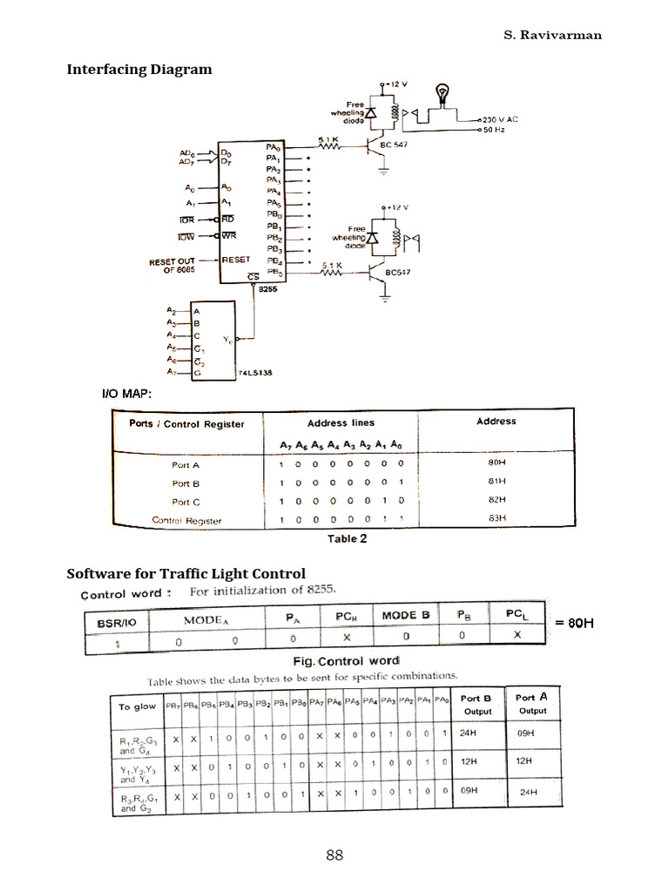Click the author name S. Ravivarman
tap(552, 36)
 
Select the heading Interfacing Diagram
tap(139, 69)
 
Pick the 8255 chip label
tap(267, 292)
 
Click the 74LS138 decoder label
tap(255, 374)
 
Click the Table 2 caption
tap(347, 538)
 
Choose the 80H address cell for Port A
tap(496, 463)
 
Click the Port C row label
tap(186, 501)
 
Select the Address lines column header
tap(341, 422)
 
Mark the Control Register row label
tap(186, 520)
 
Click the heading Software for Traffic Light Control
tap(186, 573)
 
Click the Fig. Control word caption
tap(346, 660)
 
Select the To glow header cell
tap(138, 706)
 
